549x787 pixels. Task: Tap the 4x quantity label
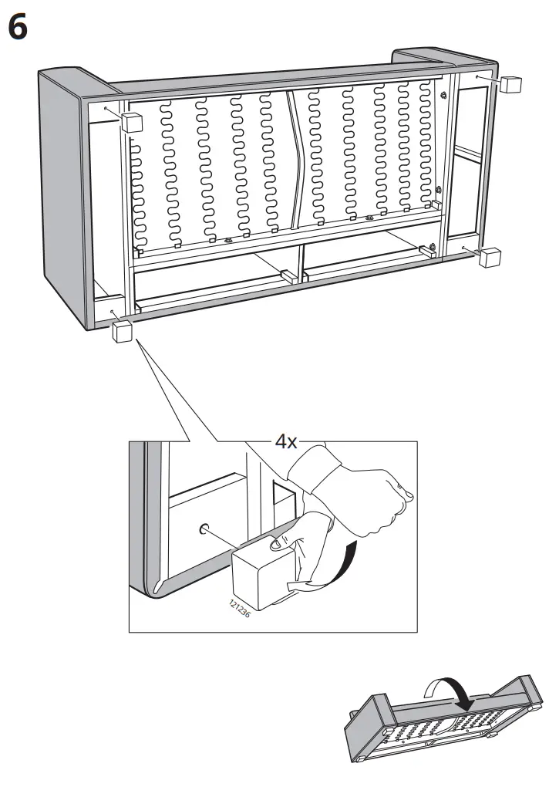[x=286, y=442]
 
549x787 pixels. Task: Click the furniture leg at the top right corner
[x=510, y=84]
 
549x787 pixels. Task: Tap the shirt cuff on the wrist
[x=318, y=465]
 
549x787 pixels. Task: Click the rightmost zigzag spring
[x=426, y=147]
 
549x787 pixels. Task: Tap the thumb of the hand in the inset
[x=275, y=545]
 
